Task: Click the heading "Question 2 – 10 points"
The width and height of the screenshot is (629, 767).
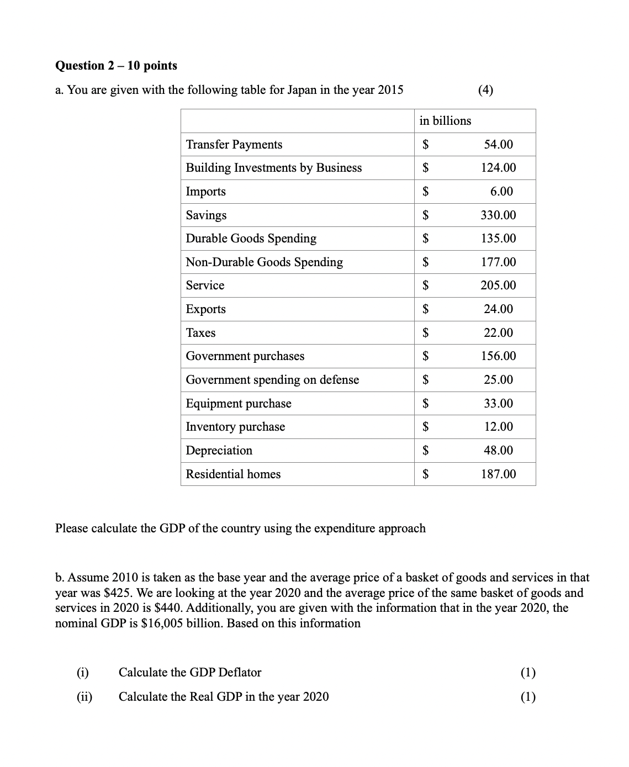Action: [x=116, y=66]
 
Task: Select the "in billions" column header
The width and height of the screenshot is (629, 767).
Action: [x=445, y=121]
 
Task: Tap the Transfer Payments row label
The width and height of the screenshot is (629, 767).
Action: [x=234, y=145]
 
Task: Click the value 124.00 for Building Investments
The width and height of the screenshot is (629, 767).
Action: [x=498, y=168]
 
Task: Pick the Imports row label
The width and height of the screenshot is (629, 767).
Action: [x=206, y=192]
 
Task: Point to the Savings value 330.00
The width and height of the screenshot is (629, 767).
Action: [x=498, y=215]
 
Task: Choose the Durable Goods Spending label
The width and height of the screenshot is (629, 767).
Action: [x=251, y=239]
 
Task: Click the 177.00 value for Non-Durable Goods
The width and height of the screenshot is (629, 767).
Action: [x=498, y=262]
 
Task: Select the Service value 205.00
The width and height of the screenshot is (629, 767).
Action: [x=498, y=285]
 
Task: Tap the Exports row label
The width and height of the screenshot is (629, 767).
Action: [x=206, y=309]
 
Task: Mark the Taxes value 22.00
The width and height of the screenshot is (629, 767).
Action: [x=498, y=333]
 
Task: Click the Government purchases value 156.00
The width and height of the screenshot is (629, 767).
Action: [x=498, y=356]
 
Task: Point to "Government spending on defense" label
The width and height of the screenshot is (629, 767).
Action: [x=272, y=380]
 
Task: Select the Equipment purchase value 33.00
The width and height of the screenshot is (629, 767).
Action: [x=498, y=404]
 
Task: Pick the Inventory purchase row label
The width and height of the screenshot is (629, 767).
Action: [x=235, y=427]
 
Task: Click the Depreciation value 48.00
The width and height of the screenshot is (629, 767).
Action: [x=498, y=451]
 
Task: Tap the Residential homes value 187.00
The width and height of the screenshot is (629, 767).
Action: [x=498, y=474]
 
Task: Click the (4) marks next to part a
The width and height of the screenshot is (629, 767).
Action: [x=485, y=90]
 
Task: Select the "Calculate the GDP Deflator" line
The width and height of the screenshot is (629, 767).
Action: [x=190, y=673]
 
